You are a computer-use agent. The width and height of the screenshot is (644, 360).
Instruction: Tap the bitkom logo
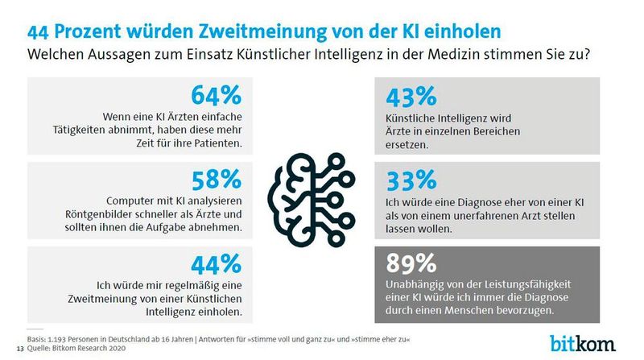pyautogui.click(x=583, y=341)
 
